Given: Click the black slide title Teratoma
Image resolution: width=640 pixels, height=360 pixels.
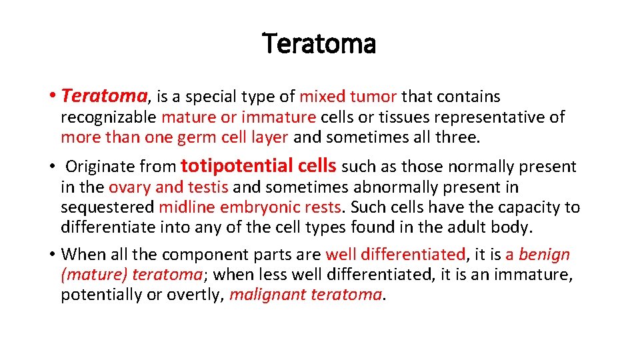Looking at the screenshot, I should point(319,45).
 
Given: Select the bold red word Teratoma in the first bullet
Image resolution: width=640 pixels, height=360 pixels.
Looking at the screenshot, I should point(103,97).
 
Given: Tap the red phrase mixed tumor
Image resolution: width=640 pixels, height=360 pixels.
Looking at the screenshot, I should point(347,97).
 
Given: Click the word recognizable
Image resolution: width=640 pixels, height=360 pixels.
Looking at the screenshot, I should point(109,117).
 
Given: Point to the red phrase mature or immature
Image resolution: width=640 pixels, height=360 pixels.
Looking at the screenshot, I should point(239,117).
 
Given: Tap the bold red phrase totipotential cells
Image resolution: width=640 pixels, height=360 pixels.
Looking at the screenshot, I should point(258,165).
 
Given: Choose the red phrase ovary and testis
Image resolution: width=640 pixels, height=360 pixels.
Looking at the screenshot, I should point(169,187).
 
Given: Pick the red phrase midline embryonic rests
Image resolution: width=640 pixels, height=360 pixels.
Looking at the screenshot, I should point(250,207).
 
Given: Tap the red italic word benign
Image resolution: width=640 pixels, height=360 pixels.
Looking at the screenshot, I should point(544,255).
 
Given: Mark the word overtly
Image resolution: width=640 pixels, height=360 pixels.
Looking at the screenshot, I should point(199,295).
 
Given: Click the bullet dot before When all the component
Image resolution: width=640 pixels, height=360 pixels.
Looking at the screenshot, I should point(52,255).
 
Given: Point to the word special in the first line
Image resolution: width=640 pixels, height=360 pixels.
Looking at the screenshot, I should point(211,97).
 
